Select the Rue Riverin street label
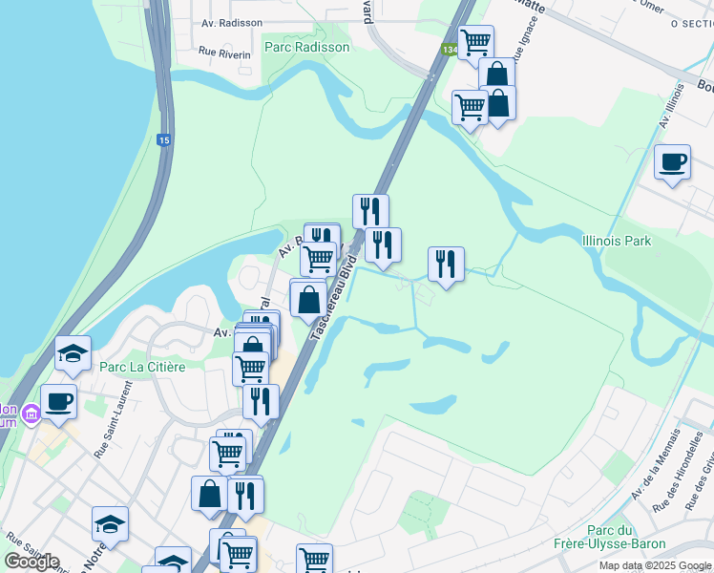(x=224, y=54)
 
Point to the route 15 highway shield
(x=164, y=140)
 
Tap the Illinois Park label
(x=617, y=241)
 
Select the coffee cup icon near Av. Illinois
(x=673, y=162)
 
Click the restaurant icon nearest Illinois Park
(x=446, y=264)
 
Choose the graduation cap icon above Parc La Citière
(x=73, y=353)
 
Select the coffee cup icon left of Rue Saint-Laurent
(x=58, y=400)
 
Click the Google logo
(x=31, y=562)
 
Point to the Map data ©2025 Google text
(x=655, y=565)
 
